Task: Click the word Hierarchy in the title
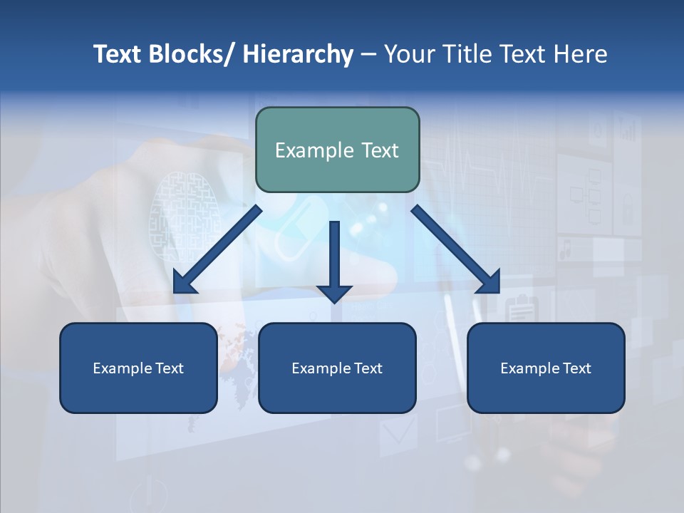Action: (298, 54)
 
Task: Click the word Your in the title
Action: (408, 54)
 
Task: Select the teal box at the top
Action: (337, 150)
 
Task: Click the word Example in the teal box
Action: (304, 150)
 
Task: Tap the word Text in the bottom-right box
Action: (576, 368)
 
